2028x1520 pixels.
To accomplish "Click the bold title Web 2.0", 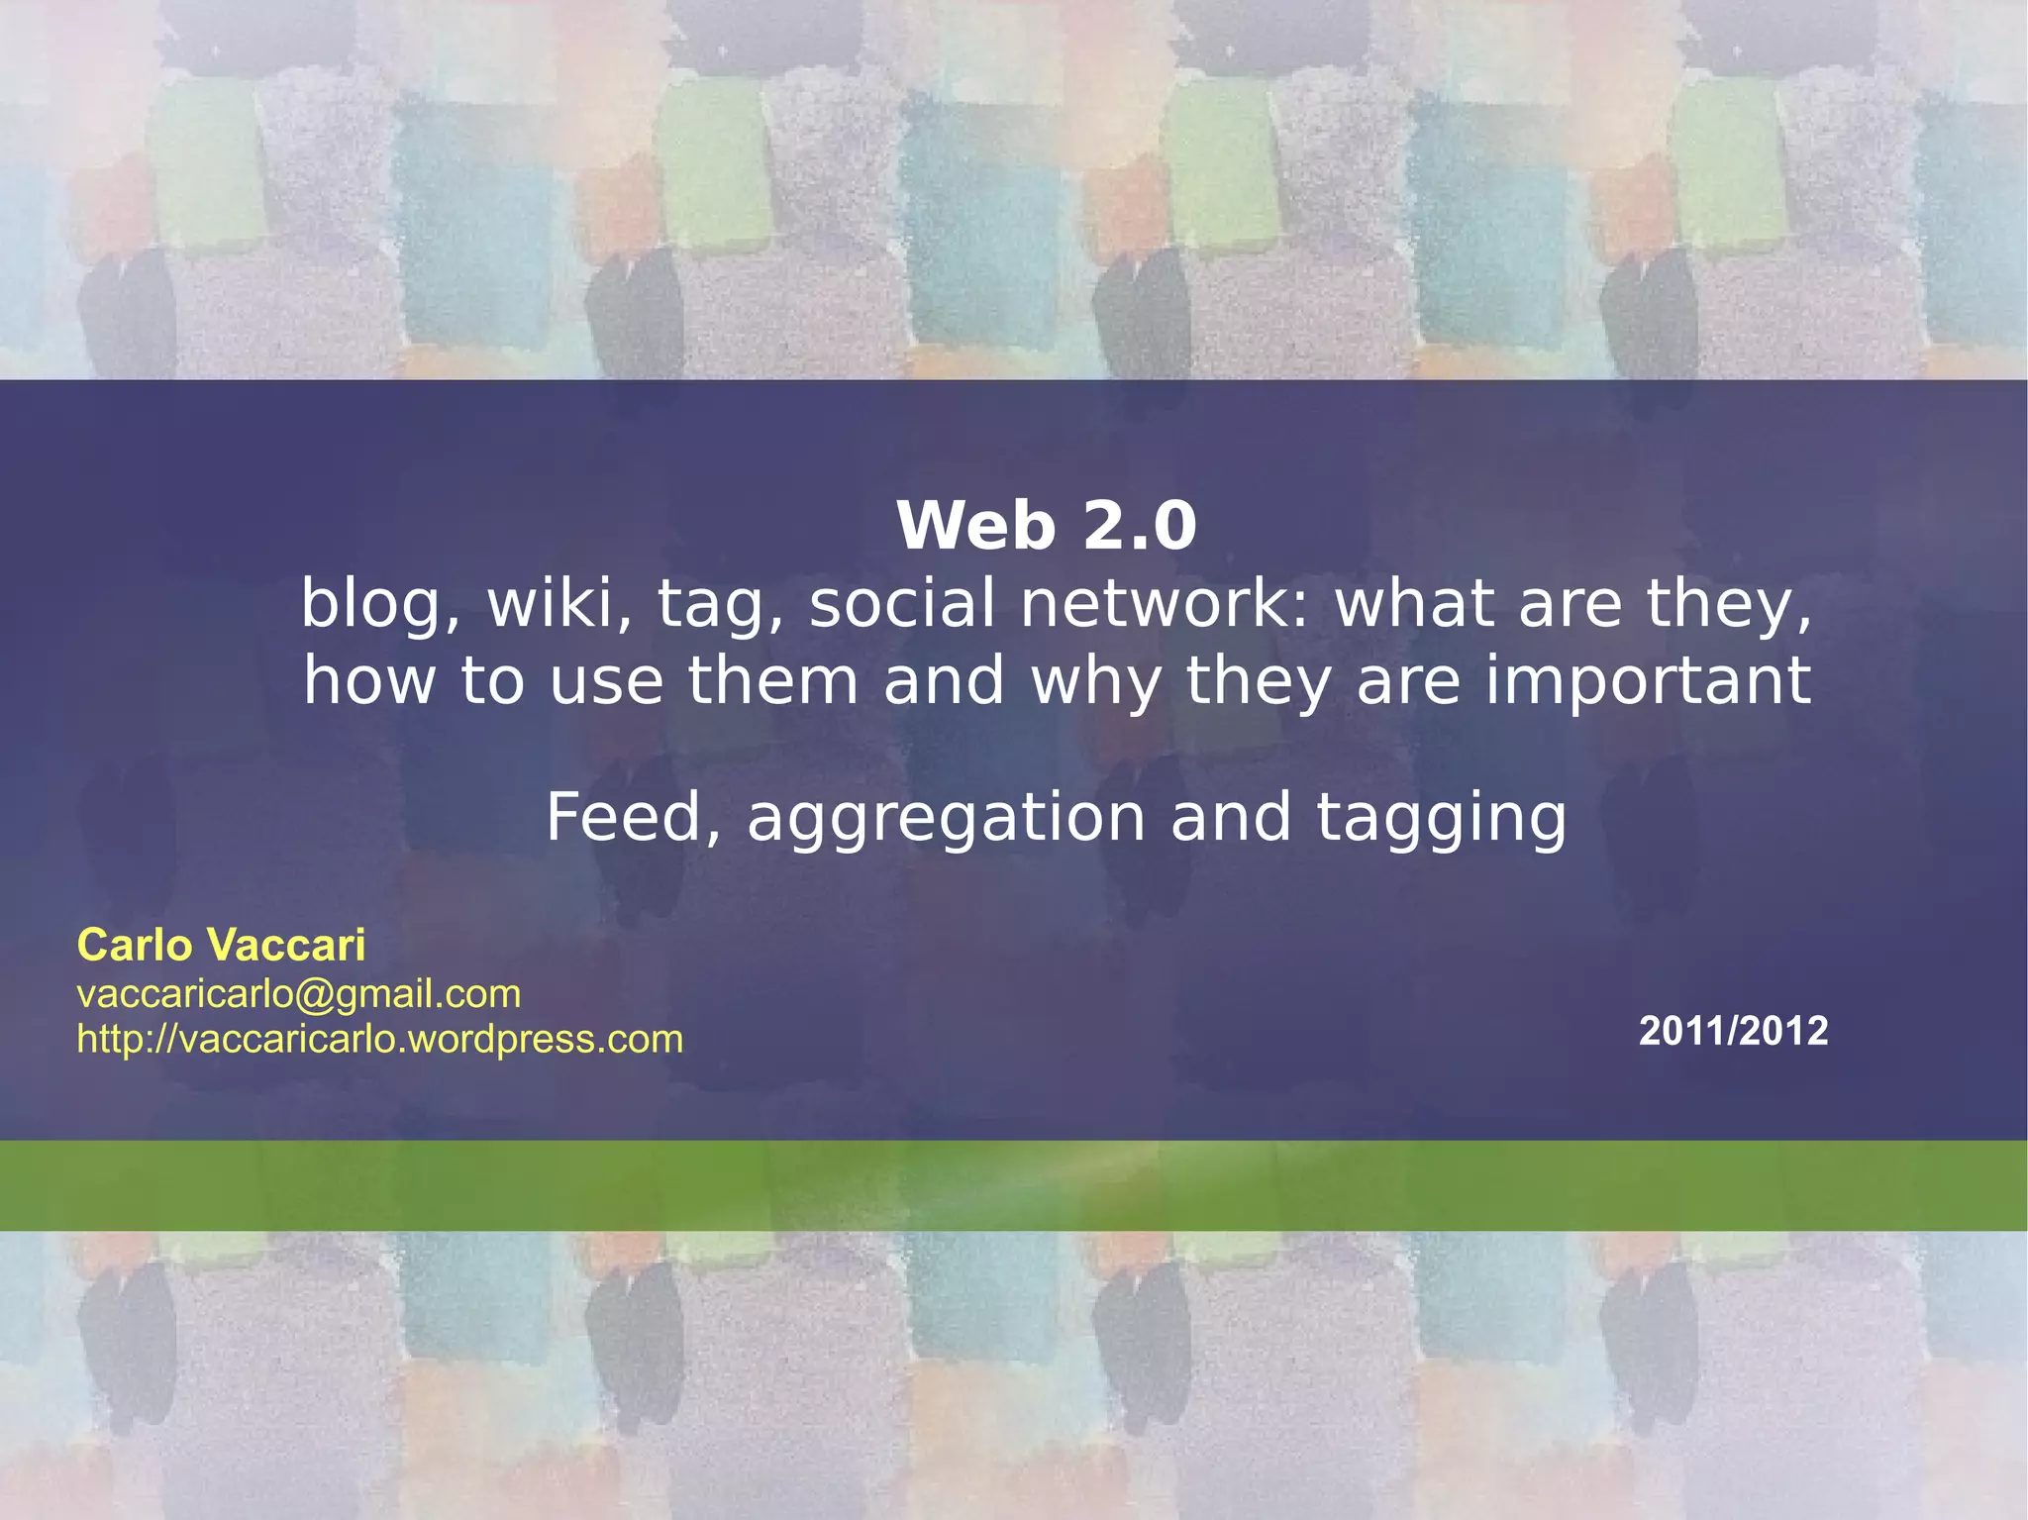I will pos(1047,526).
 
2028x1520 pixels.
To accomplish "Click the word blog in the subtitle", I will pos(370,603).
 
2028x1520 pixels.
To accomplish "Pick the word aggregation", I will pos(946,819).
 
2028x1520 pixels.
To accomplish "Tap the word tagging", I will pos(1442,819).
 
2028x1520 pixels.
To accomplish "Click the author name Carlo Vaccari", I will pos(221,946).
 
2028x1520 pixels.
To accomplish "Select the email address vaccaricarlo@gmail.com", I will pos(299,994).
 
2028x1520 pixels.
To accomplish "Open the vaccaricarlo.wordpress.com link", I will pos(380,1040).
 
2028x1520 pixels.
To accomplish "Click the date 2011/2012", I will pos(1733,1032).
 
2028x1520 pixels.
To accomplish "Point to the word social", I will pos(902,603).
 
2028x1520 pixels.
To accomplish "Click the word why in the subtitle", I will pos(1096,682).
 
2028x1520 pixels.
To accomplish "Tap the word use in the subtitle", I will pos(606,682).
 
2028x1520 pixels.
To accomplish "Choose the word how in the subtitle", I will pos(369,682).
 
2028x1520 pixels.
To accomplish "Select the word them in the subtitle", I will pos(772,682).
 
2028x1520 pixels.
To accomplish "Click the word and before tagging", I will pos(1231,817).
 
